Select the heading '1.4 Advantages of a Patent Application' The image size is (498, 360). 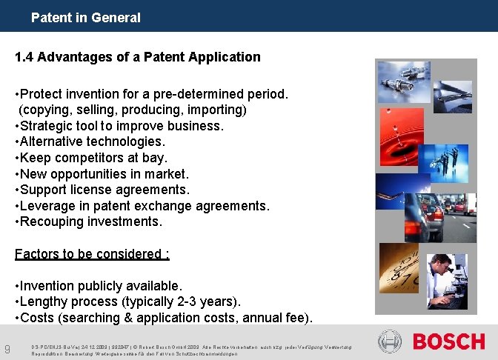(x=138, y=57)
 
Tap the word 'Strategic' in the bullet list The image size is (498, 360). (x=46, y=126)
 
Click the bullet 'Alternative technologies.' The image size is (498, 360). (x=90, y=141)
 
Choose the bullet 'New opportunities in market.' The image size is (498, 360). (x=102, y=174)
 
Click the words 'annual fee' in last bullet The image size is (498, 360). (x=280, y=318)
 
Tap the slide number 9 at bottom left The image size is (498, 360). (x=7, y=349)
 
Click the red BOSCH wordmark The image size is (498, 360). (x=448, y=342)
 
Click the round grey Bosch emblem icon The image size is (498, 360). (x=390, y=341)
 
